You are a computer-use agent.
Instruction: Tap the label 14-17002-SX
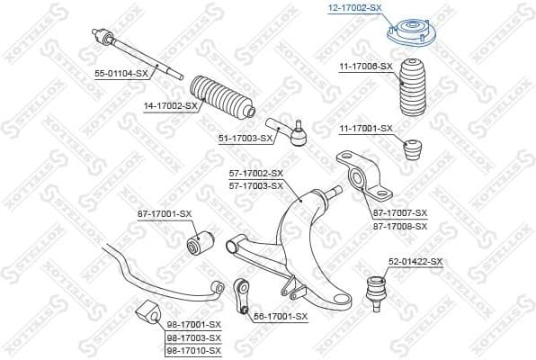(170, 105)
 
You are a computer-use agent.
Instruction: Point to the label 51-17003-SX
(245, 138)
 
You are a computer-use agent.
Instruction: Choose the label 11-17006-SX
(366, 67)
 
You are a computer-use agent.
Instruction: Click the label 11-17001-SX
(366, 129)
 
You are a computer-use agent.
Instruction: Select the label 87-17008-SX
(399, 228)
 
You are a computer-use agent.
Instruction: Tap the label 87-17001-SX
(165, 213)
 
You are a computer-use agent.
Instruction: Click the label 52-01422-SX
(415, 261)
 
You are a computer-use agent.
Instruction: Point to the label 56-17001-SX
(281, 316)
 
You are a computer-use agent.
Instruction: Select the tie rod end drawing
(289, 131)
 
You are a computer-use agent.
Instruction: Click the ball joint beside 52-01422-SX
(372, 290)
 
